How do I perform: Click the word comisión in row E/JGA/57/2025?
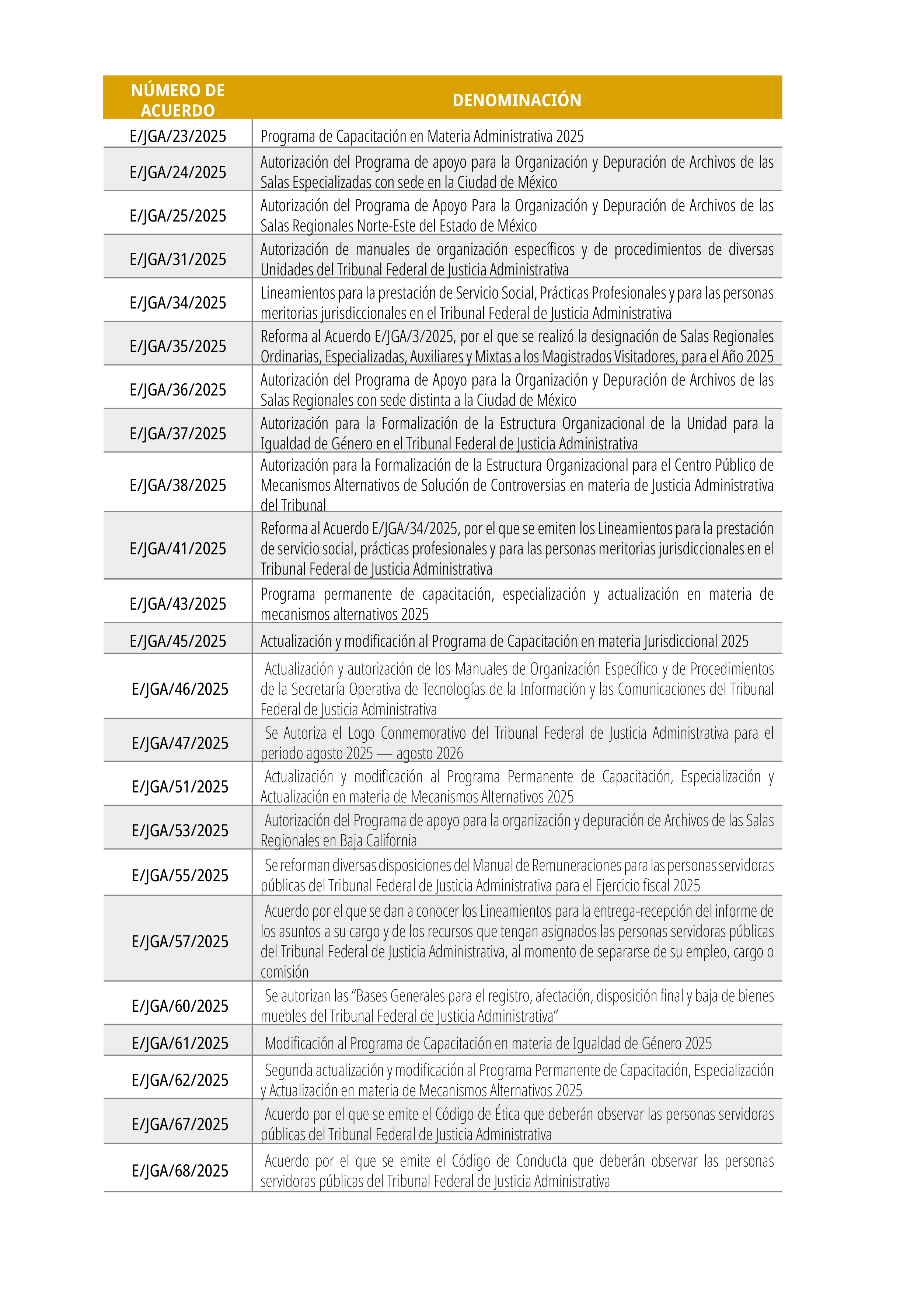285,972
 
